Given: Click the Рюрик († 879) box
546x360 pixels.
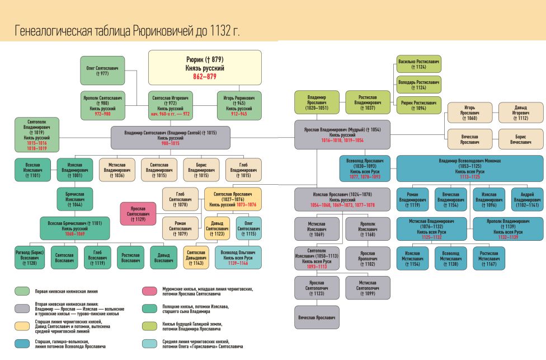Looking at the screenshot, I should [x=205, y=67].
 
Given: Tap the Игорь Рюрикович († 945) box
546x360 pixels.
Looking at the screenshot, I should [x=239, y=105].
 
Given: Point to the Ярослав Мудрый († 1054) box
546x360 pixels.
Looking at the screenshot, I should [x=346, y=134].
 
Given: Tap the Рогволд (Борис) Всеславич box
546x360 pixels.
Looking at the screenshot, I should [x=30, y=257].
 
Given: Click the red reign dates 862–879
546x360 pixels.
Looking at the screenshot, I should [x=205, y=77].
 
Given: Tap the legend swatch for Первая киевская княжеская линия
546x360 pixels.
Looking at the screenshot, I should [x=22, y=291].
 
